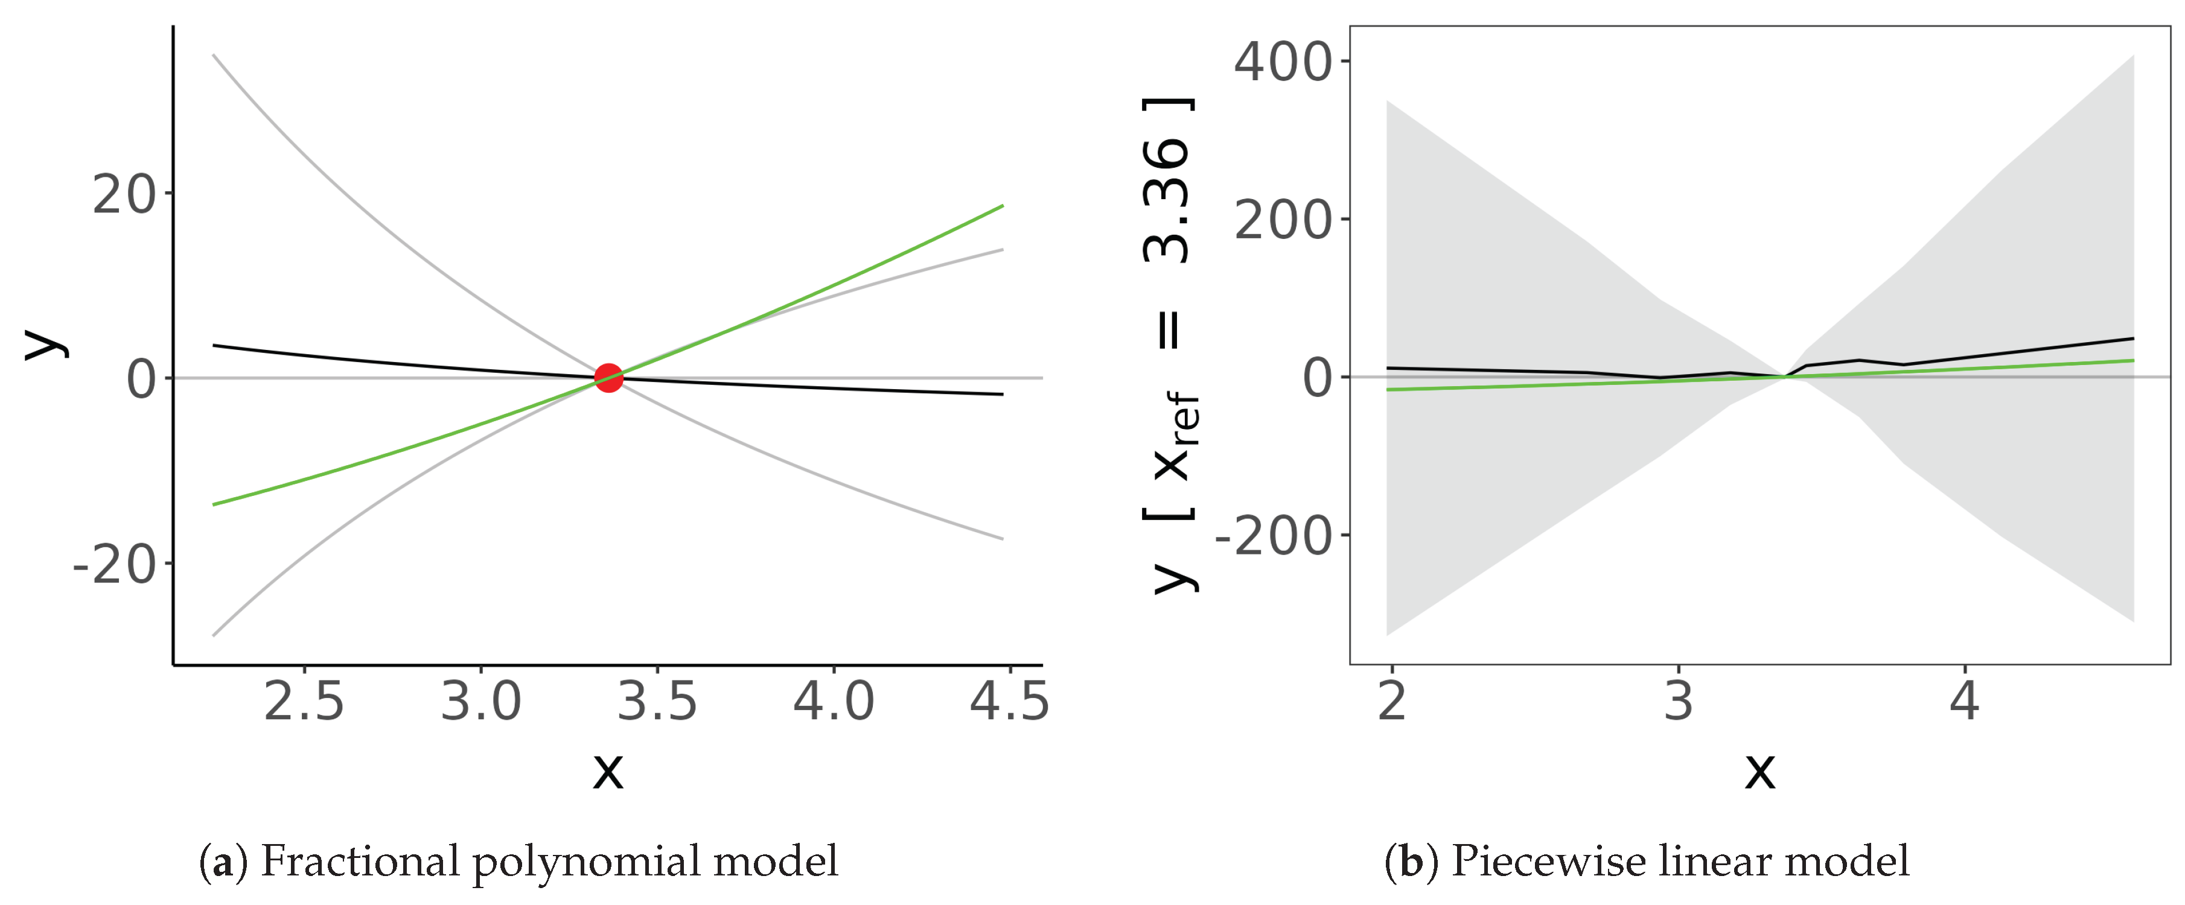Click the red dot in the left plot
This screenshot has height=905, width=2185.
tap(609, 378)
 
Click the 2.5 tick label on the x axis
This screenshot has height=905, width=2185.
tap(304, 702)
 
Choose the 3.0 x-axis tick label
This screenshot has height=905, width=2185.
tap(481, 702)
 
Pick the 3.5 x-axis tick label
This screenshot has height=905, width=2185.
tap(657, 702)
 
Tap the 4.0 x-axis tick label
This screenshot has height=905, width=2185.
tap(834, 702)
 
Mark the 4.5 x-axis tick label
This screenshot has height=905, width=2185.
tap(1009, 702)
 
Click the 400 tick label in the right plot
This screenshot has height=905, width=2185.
tap(1283, 63)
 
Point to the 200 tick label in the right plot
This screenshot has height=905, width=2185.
tap(1283, 221)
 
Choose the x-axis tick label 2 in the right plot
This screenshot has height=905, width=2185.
tap(1392, 702)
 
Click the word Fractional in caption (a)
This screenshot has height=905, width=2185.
tap(360, 862)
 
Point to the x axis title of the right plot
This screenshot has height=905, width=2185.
tap(1760, 770)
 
